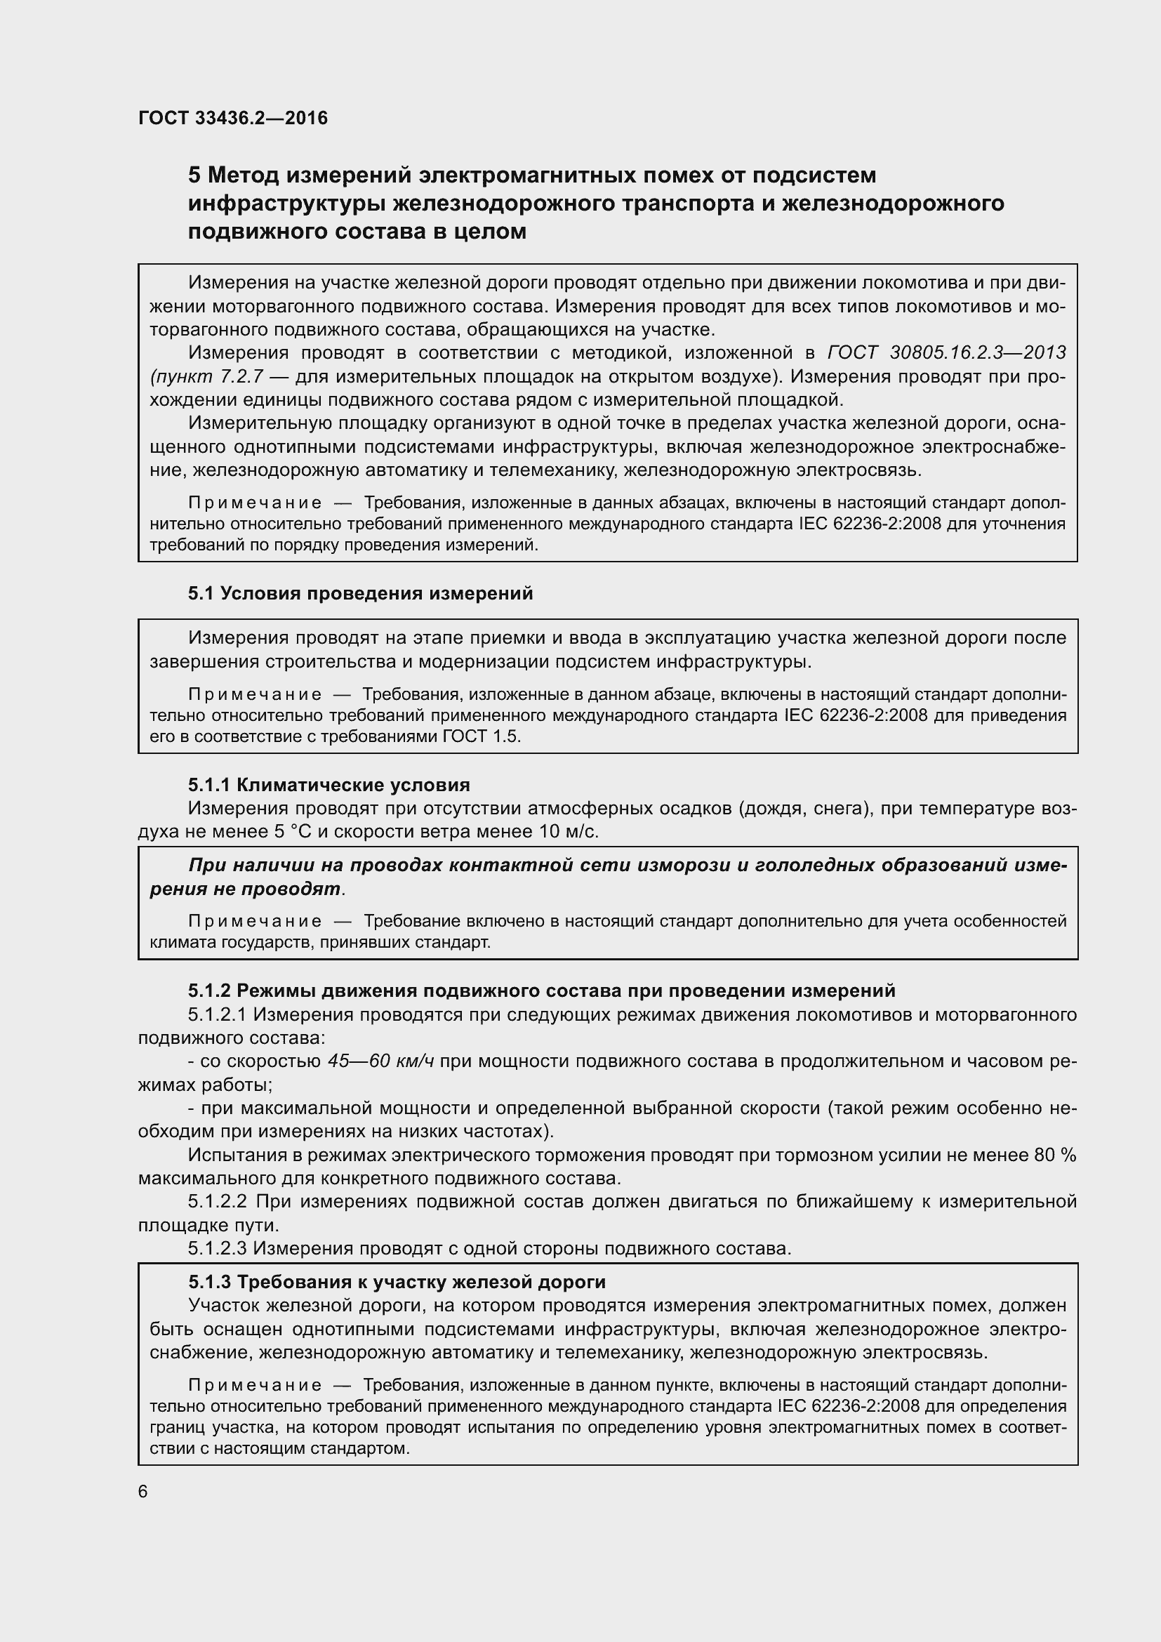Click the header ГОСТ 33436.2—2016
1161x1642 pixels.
point(233,118)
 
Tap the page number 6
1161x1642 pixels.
point(143,1492)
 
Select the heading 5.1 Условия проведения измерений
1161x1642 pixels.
point(360,594)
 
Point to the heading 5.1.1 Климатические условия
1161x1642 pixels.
point(329,785)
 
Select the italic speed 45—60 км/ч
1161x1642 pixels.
point(381,1061)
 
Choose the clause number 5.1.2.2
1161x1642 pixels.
point(218,1201)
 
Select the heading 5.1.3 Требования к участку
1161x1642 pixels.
point(397,1282)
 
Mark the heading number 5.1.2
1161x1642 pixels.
point(208,991)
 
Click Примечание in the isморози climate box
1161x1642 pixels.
point(255,921)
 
